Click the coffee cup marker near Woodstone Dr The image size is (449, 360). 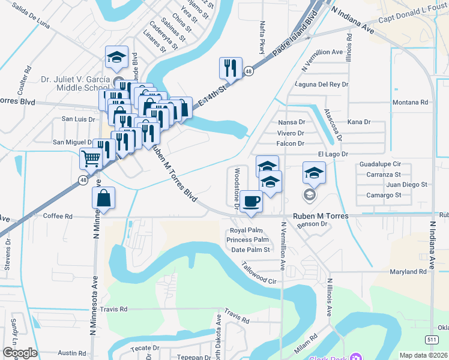[251, 200]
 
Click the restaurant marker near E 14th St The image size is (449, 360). [230, 68]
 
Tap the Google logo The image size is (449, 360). [20, 353]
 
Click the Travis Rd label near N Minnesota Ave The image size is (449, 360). [115, 310]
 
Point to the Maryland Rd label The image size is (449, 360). [408, 272]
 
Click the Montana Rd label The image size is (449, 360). [412, 103]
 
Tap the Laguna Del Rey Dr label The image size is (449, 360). [322, 85]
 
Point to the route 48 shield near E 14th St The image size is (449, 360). [248, 71]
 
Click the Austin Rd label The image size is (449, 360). [73, 354]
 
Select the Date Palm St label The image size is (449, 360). [251, 250]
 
